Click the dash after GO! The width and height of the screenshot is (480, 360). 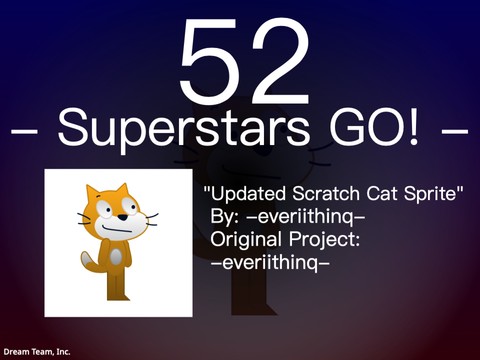tap(453, 130)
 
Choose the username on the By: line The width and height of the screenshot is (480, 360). tap(306, 216)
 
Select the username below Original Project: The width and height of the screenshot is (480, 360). tap(270, 264)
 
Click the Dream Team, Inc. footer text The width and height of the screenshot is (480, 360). tap(36, 351)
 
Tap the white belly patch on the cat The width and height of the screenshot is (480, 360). tap(116, 257)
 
